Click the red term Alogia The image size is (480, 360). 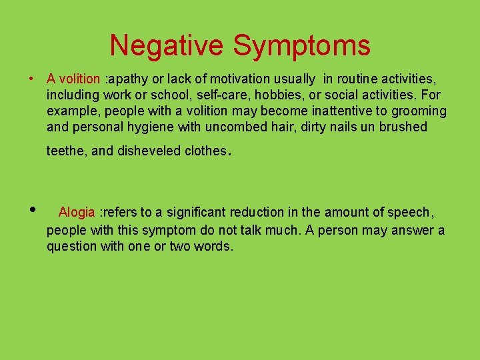pyautogui.click(x=77, y=213)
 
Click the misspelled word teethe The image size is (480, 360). pyautogui.click(x=65, y=151)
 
